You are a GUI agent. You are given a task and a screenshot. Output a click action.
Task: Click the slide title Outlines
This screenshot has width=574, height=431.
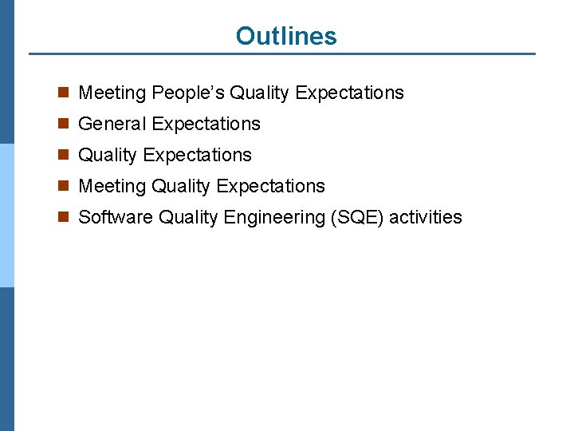(286, 36)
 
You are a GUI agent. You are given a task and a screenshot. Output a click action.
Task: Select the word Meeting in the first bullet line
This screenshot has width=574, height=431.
(112, 93)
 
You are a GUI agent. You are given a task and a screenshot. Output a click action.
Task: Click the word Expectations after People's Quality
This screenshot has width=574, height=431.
(349, 93)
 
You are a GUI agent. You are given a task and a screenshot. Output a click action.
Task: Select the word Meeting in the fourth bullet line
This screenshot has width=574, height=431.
(112, 187)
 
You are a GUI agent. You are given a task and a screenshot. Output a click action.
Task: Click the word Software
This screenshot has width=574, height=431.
(116, 217)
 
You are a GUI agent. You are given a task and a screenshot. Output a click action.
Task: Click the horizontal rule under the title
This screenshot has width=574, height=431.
(282, 54)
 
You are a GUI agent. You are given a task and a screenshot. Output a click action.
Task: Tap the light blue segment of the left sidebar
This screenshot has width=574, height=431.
(7, 215)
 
